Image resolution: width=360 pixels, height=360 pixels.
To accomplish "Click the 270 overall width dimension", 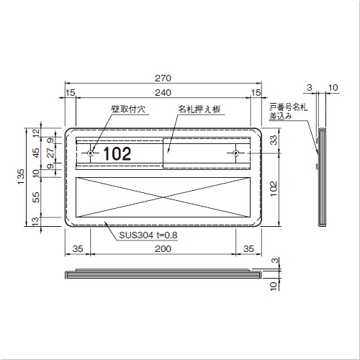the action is (x=163, y=78).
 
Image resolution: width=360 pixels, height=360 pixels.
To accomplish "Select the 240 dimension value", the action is (x=163, y=93).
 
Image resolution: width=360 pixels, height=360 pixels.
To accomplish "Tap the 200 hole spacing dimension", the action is (x=163, y=249).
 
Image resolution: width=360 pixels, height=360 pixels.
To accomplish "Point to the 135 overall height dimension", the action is (x=21, y=177).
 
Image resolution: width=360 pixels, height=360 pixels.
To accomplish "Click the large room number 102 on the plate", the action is (x=117, y=154).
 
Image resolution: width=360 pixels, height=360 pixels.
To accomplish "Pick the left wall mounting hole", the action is (x=91, y=153).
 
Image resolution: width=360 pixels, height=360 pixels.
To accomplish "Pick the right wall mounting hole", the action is (x=236, y=153).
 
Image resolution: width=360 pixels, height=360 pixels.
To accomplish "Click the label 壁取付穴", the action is (x=128, y=109).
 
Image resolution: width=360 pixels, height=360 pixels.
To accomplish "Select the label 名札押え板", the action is (x=199, y=109).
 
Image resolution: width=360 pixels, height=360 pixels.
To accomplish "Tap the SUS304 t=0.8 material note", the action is (x=148, y=235).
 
